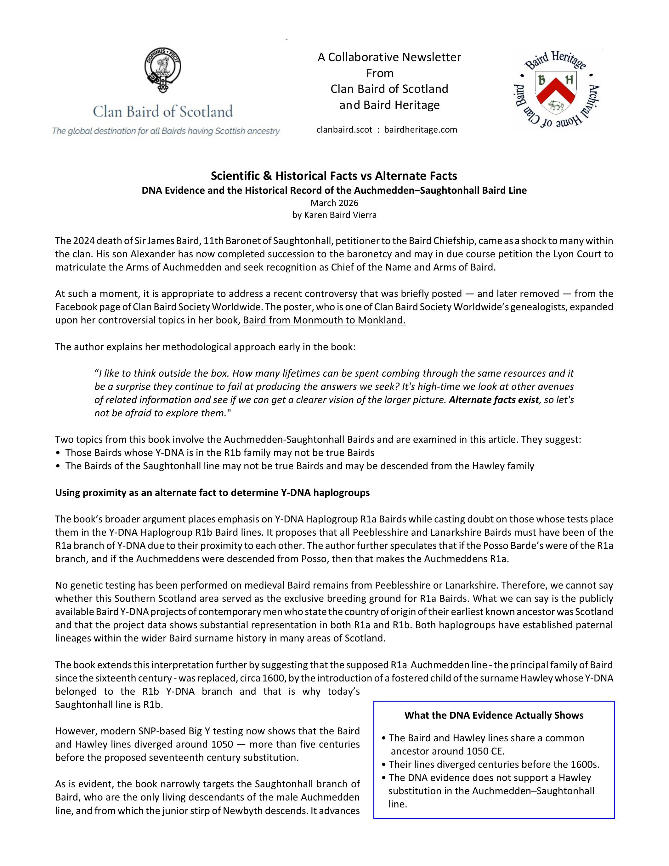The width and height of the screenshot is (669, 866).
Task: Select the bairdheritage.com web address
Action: coord(421,130)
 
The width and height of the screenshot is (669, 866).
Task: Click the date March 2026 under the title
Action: coord(334,203)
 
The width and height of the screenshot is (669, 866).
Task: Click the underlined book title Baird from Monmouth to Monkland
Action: coord(324,320)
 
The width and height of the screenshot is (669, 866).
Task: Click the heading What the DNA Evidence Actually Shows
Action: coord(494,715)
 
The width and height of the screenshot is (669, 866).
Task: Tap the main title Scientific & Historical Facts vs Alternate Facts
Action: coord(334,176)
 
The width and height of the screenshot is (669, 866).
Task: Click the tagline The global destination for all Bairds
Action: coord(166,131)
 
